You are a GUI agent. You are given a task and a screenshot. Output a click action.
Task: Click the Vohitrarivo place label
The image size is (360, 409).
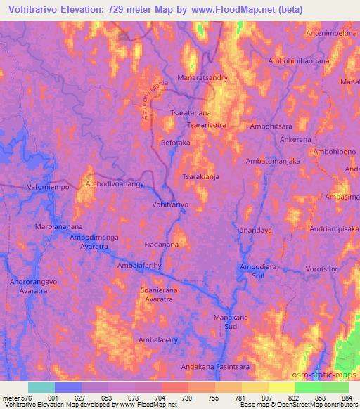pyautogui.click(x=170, y=204)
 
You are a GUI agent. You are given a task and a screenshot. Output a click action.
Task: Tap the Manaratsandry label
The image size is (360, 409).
pyautogui.click(x=202, y=78)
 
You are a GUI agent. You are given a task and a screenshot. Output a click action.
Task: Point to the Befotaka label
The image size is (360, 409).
pyautogui.click(x=176, y=143)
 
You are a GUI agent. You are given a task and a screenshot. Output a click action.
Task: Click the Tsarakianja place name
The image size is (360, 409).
pyautogui.click(x=201, y=177)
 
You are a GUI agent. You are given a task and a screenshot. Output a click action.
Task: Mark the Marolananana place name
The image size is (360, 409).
pyautogui.click(x=59, y=227)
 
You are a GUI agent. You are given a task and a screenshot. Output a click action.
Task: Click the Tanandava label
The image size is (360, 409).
pyautogui.click(x=254, y=230)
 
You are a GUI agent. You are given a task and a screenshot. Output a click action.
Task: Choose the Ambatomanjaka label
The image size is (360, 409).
pyautogui.click(x=273, y=161)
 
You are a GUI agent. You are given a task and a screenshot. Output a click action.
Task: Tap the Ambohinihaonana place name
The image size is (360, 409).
pyautogui.click(x=299, y=61)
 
